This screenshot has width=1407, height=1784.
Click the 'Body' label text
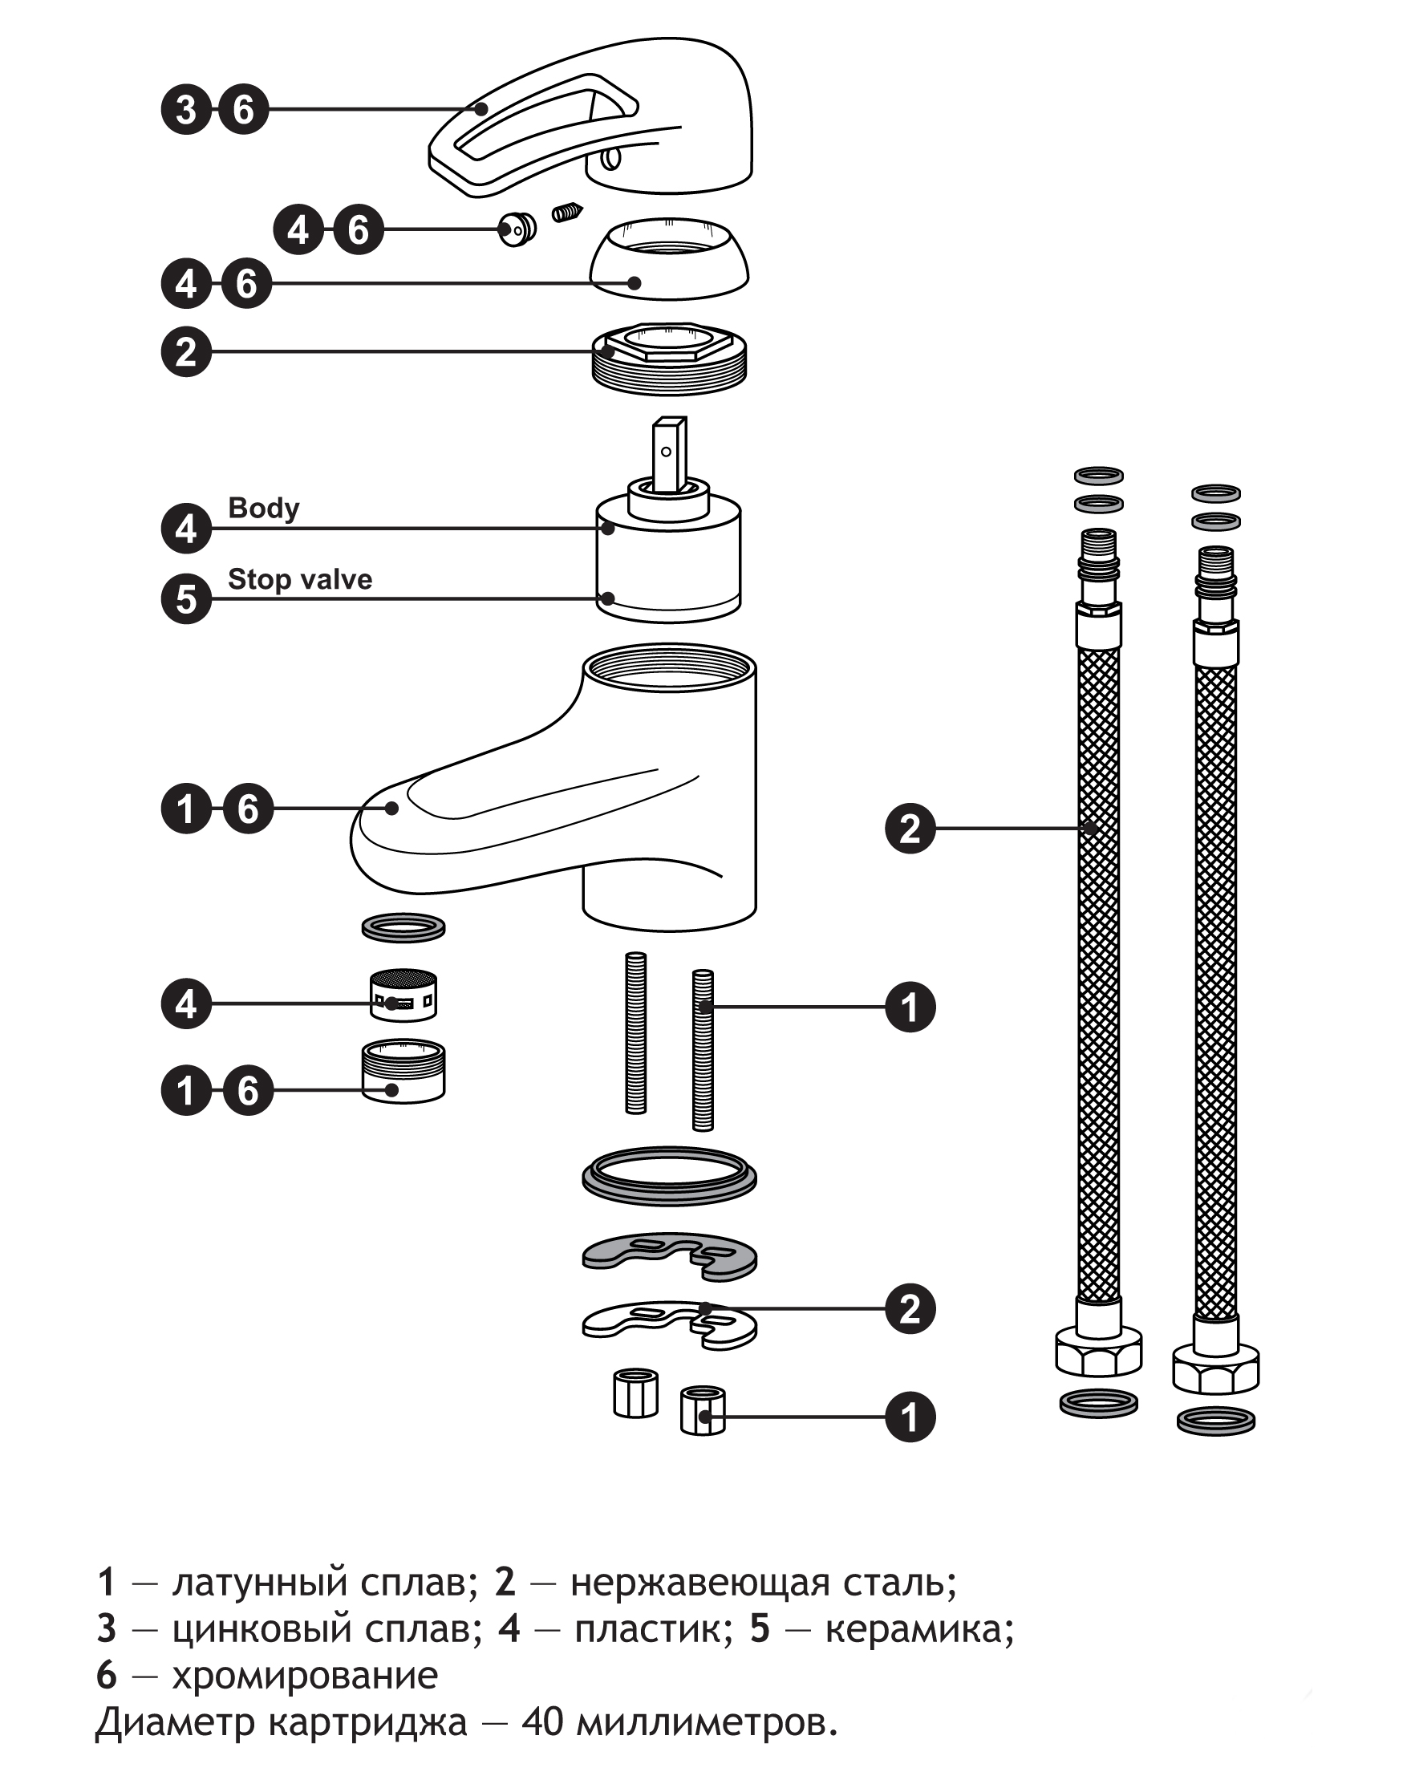coord(263,509)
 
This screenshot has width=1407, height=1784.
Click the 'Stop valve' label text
coord(300,580)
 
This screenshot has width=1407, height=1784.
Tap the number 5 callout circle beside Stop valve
coord(186,598)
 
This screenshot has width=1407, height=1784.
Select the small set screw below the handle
coord(567,213)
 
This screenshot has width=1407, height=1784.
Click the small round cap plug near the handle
coord(517,228)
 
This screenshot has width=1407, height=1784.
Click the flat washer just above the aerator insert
coord(403,927)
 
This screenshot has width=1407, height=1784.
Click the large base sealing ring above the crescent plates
coord(669,1175)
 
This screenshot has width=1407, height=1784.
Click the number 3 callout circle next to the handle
coord(186,110)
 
